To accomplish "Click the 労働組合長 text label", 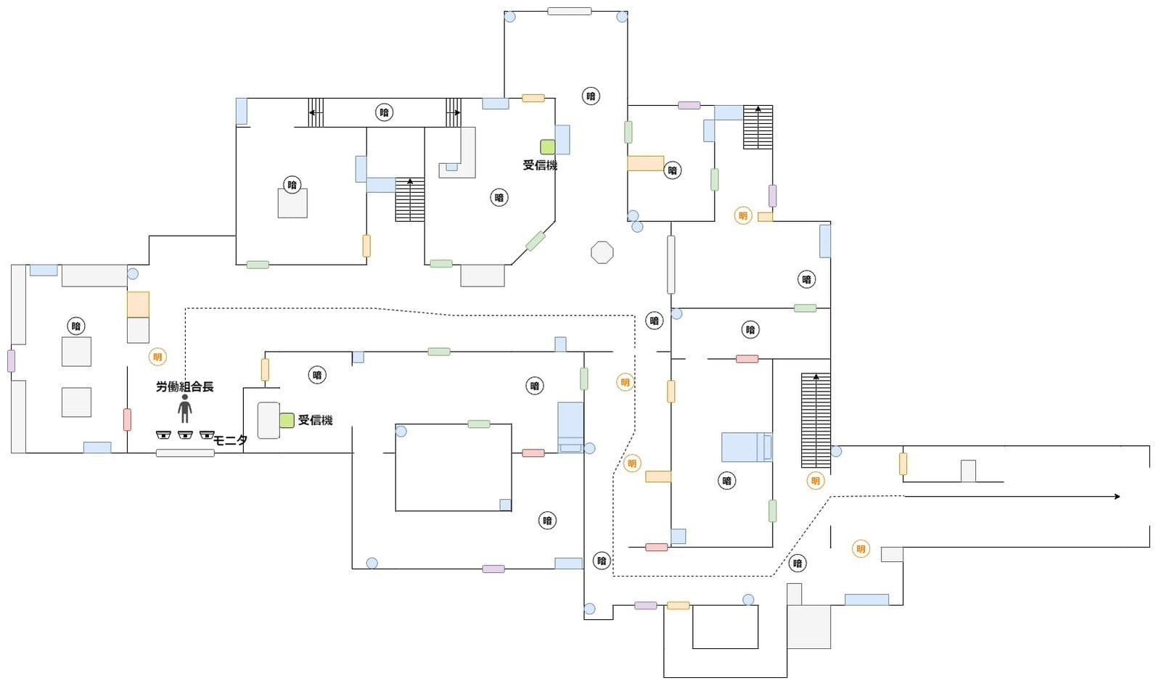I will point(185,387).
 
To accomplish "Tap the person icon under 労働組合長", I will point(185,409).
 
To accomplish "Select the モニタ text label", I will point(231,440).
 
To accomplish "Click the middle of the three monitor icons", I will point(185,435).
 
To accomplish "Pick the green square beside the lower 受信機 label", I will point(287,420).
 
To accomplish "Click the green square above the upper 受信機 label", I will point(547,146).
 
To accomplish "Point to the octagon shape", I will point(602,252).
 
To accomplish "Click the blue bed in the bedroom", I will point(746,447).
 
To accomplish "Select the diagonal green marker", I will point(536,241).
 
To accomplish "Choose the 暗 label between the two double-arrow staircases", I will point(385,112).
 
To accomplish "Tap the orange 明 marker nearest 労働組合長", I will point(157,357).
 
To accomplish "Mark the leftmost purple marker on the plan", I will point(11,360).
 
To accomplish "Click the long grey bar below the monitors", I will point(185,453).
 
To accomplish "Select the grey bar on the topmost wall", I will point(569,11).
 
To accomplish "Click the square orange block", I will point(138,305).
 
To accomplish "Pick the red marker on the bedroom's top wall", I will point(747,359).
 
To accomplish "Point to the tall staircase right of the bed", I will point(816,421).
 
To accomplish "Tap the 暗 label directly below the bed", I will point(726,480).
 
